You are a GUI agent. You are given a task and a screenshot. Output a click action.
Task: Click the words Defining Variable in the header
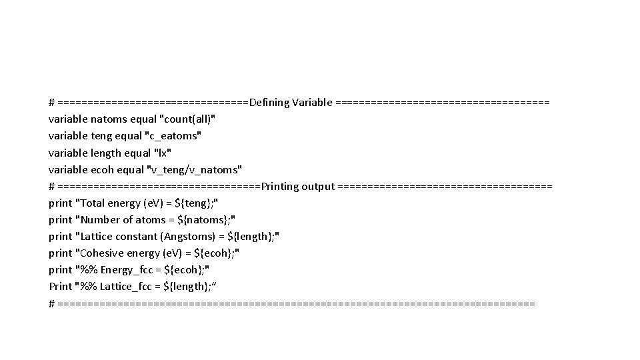click(290, 103)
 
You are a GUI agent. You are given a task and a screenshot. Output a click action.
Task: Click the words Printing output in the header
click(298, 186)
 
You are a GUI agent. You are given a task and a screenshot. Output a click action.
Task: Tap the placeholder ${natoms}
click(205, 219)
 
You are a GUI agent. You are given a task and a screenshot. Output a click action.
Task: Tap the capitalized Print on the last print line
click(61, 286)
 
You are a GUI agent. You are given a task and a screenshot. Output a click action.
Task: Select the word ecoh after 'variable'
click(102, 169)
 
